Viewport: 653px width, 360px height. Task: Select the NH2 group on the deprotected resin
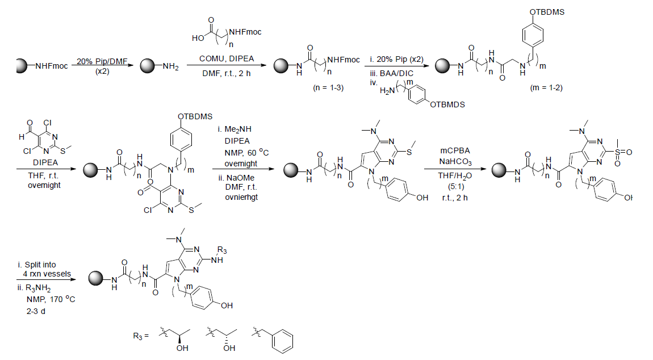tap(170, 67)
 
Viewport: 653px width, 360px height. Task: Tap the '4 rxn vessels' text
tap(43, 274)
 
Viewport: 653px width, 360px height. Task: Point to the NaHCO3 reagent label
tap(453, 163)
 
